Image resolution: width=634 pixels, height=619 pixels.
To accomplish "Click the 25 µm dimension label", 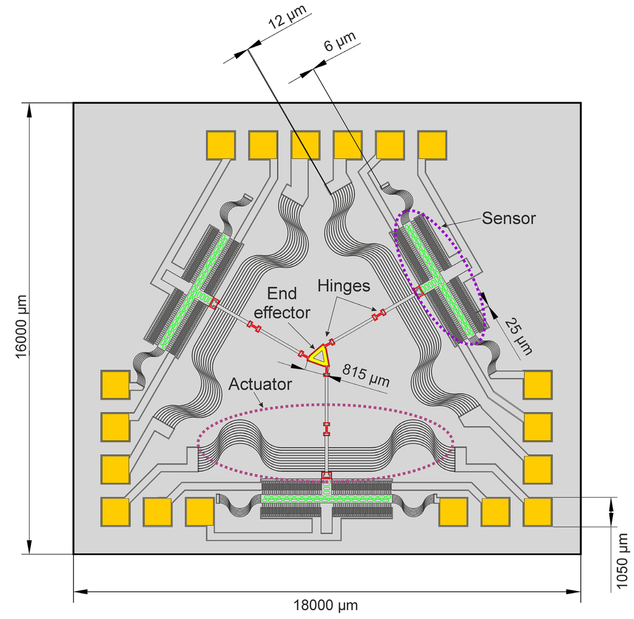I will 518,335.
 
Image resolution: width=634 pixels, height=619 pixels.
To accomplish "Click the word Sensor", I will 508,218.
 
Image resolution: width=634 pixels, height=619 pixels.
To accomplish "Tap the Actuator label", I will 260,384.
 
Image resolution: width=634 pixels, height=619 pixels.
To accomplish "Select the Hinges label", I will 344,286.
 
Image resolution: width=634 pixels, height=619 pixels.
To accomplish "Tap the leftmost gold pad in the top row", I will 220,145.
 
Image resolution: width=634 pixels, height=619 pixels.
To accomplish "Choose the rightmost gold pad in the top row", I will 432,145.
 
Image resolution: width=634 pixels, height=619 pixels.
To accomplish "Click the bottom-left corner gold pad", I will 115,512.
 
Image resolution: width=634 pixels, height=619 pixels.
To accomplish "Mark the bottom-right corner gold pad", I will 537,512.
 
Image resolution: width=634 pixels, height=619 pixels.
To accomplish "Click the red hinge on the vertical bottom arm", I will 326,429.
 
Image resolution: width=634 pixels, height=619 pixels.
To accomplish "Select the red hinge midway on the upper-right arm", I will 378,315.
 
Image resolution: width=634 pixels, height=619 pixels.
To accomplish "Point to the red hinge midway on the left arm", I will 254,325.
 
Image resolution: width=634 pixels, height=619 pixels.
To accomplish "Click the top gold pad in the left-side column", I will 115,384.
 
